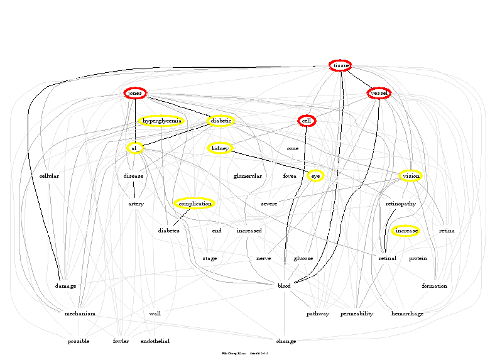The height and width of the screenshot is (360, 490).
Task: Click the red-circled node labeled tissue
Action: click(x=340, y=65)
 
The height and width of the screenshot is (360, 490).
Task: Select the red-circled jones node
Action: click(x=135, y=93)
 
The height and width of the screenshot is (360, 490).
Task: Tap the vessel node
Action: click(x=379, y=93)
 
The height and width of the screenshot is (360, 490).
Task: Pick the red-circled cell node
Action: click(x=306, y=121)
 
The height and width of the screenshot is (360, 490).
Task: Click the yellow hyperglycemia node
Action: click(x=161, y=121)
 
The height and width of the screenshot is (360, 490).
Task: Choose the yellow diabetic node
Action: click(x=221, y=121)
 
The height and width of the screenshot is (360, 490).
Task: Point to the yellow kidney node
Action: click(x=220, y=148)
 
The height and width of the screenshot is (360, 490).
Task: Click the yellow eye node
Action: click(x=315, y=176)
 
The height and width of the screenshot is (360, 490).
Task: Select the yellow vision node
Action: click(x=410, y=176)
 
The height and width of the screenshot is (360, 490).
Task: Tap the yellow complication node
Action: click(x=194, y=204)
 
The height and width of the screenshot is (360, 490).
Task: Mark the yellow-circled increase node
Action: click(x=406, y=231)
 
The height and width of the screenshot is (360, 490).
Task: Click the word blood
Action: click(x=284, y=286)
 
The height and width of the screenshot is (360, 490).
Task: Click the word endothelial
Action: click(x=155, y=341)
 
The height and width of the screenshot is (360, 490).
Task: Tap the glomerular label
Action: click(x=247, y=176)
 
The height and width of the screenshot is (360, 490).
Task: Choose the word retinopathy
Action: click(x=400, y=204)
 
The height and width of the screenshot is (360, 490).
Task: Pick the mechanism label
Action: click(x=80, y=314)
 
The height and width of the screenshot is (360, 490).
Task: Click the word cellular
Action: click(x=49, y=176)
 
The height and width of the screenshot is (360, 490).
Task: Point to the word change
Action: click(x=286, y=341)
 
